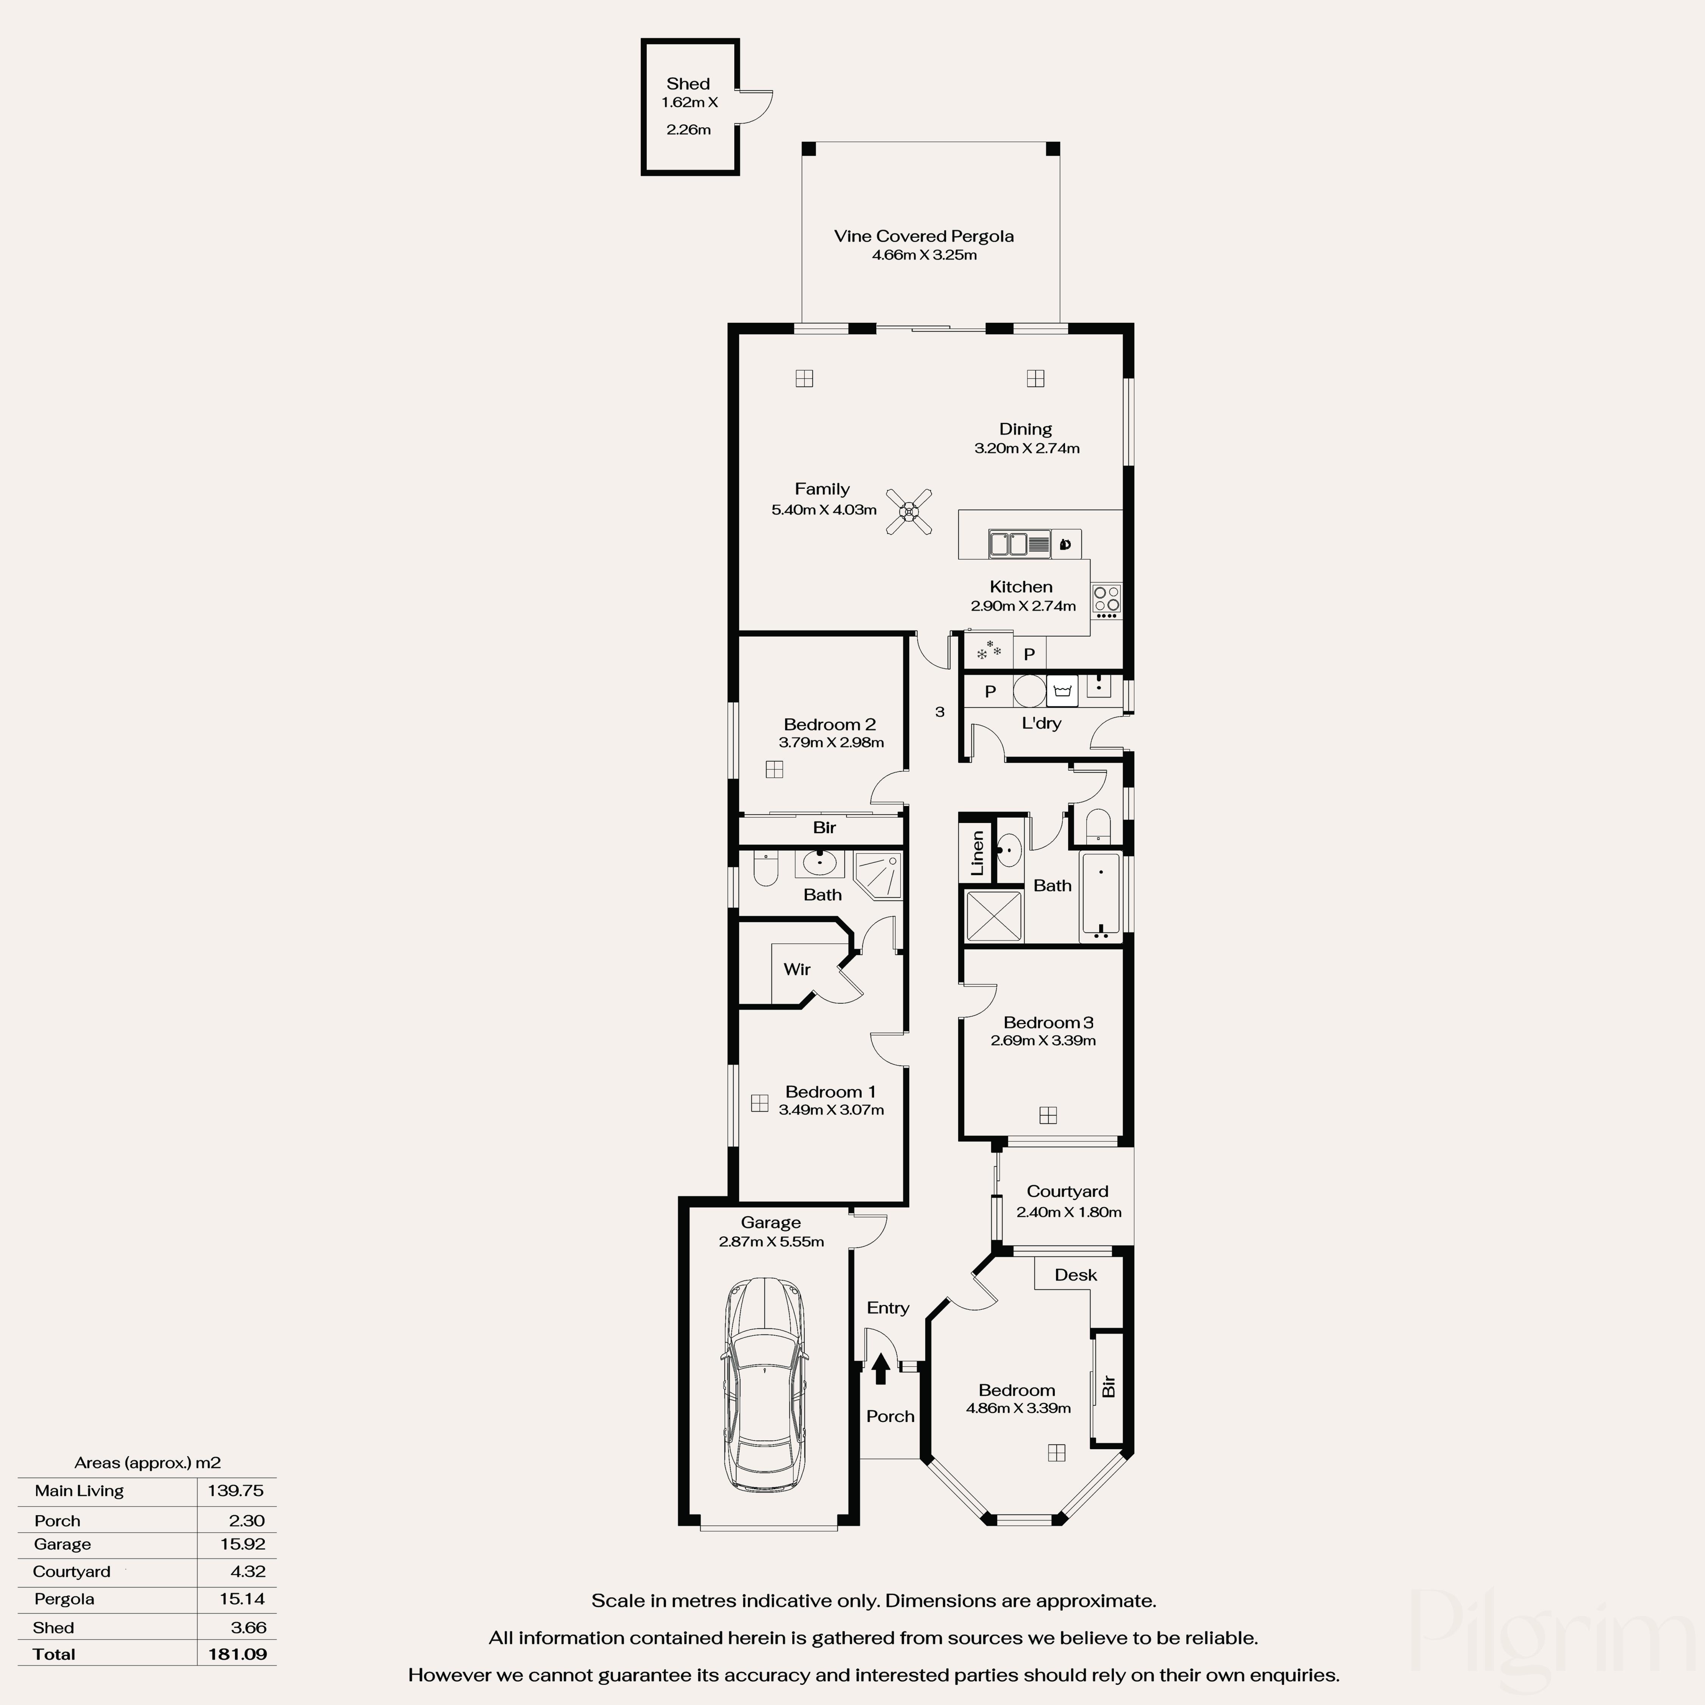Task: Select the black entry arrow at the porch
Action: pyautogui.click(x=880, y=1369)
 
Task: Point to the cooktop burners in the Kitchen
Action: pyautogui.click(x=1106, y=599)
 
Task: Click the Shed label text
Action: pyautogui.click(x=687, y=84)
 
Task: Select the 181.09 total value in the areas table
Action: pyautogui.click(x=238, y=1654)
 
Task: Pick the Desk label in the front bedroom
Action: pyautogui.click(x=1075, y=1275)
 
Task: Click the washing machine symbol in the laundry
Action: pyautogui.click(x=1062, y=691)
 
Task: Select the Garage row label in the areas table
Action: pyautogui.click(x=63, y=1544)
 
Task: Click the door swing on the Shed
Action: pyautogui.click(x=756, y=106)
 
